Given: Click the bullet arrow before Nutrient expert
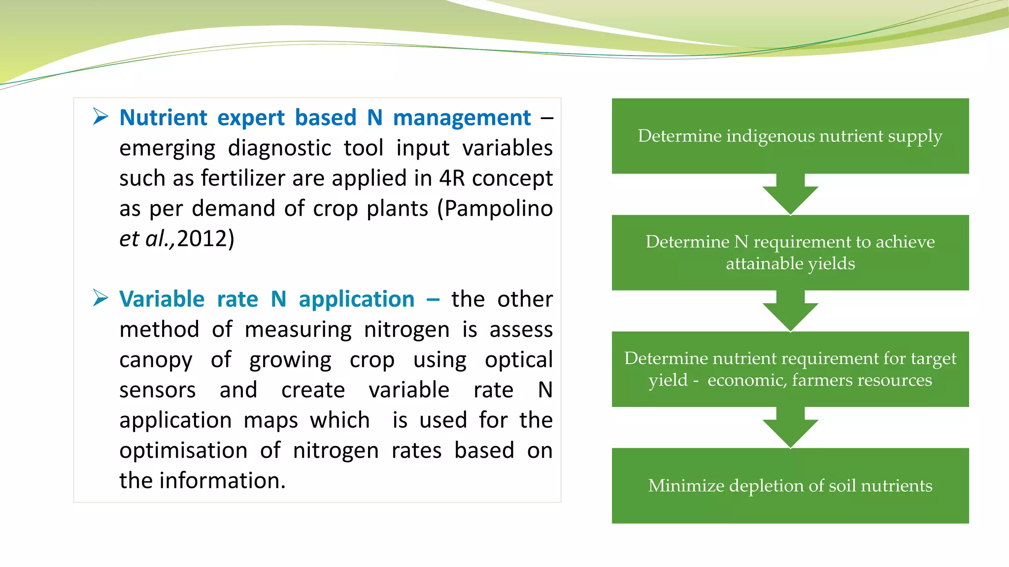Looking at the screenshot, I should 101,117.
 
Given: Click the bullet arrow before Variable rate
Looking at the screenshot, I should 101,298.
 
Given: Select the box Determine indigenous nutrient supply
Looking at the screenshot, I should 790,136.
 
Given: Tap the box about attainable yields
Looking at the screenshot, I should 790,252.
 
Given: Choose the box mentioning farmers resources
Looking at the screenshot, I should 790,369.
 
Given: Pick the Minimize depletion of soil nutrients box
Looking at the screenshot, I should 790,485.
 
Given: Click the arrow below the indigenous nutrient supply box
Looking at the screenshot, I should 790,194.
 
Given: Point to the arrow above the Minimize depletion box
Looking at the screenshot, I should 790,428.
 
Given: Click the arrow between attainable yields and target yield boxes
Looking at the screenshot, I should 790,311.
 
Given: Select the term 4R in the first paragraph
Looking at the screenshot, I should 452,178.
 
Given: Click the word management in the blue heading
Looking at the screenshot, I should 462,118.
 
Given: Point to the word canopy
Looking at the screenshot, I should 156,360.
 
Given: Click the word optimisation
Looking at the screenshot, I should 183,451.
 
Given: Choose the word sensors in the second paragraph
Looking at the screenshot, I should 157,390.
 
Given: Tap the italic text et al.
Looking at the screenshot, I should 146,239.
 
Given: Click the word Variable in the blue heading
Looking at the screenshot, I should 162,299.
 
